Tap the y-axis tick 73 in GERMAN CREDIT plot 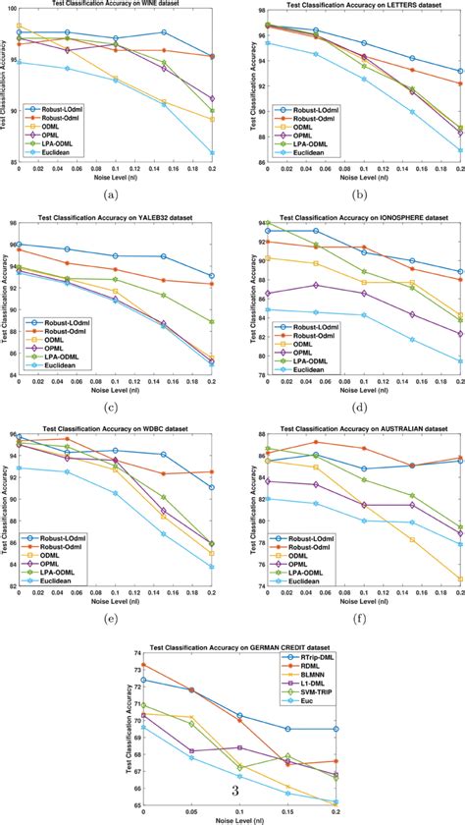point(134,666)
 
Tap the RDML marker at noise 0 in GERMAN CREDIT point(144,665)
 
